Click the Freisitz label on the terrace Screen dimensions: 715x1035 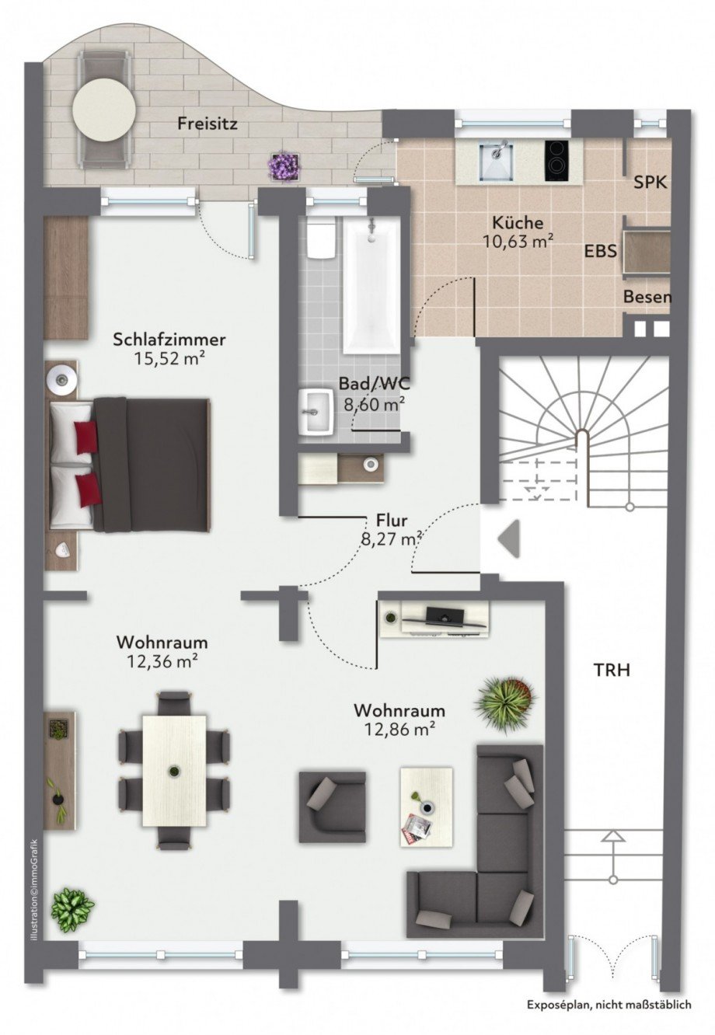[208, 124]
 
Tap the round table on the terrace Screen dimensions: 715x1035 [104, 110]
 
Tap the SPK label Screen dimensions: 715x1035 [650, 183]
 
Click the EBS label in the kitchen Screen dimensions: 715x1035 [601, 251]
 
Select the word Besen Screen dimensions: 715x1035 [647, 297]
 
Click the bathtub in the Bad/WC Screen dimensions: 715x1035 [371, 287]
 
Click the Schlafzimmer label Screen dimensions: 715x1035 [169, 340]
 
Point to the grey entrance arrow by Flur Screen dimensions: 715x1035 [508, 538]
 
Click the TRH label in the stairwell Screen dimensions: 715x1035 [612, 671]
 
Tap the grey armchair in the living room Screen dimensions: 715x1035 [333, 807]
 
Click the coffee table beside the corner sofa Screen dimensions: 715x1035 [426, 807]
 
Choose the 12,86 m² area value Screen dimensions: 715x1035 [399, 730]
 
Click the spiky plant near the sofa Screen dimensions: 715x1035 [505, 706]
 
